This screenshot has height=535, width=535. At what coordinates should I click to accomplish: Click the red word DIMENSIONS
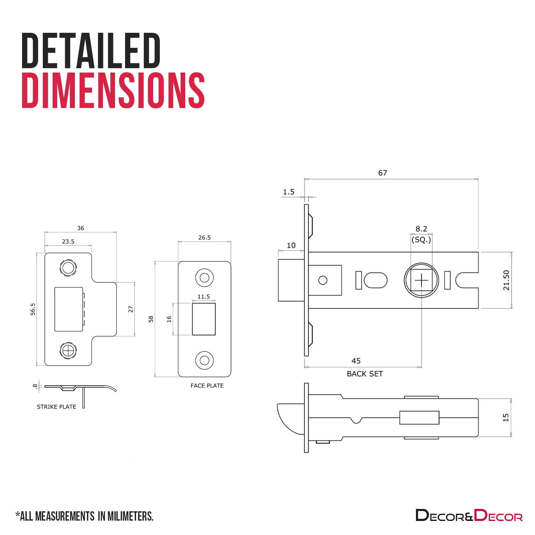tap(113, 91)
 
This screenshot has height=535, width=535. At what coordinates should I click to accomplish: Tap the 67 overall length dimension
tap(383, 173)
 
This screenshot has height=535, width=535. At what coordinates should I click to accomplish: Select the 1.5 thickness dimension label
tap(288, 192)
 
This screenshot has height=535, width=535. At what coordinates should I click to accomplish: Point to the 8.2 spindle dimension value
tap(421, 229)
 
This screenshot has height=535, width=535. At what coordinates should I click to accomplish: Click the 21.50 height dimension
tap(506, 280)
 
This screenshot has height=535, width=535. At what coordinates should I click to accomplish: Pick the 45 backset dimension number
tap(356, 361)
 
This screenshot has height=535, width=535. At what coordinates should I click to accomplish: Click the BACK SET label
tap(365, 374)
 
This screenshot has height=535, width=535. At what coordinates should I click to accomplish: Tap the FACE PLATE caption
tap(207, 386)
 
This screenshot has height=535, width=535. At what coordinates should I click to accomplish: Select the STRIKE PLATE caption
tap(57, 407)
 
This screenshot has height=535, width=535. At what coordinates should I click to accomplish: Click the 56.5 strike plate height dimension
tap(33, 309)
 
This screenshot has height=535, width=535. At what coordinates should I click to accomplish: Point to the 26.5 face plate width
tap(204, 237)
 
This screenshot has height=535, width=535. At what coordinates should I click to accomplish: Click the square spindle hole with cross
tap(421, 280)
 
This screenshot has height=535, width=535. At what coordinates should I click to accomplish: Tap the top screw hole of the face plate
tap(204, 278)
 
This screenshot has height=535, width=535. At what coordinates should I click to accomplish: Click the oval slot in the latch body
tap(376, 280)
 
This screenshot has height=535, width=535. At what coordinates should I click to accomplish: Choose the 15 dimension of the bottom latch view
tap(506, 417)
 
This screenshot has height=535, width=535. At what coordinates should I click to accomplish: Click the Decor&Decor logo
tap(469, 515)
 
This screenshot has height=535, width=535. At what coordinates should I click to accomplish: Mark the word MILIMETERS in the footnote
tap(130, 516)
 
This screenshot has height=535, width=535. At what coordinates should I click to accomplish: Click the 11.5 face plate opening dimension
tap(204, 297)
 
